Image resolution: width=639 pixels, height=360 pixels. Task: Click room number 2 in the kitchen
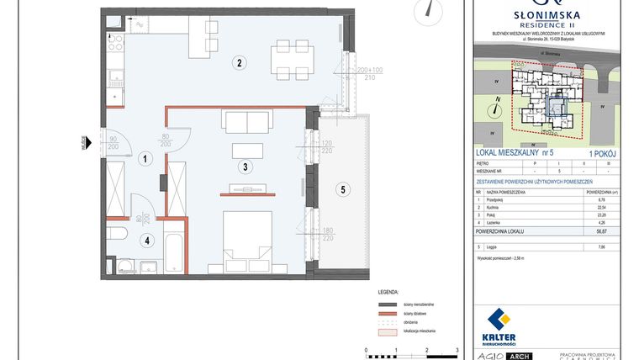click(x=240, y=62)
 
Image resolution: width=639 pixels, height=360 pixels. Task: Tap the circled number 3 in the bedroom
click(x=245, y=167)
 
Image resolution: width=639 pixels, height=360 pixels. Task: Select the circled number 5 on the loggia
click(x=342, y=190)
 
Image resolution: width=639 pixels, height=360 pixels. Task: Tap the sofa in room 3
click(x=246, y=123)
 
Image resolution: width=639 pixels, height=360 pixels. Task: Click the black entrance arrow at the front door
click(x=88, y=144)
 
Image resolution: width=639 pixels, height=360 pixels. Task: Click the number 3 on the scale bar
click(x=457, y=348)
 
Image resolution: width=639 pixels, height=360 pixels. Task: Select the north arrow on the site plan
click(x=497, y=108)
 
